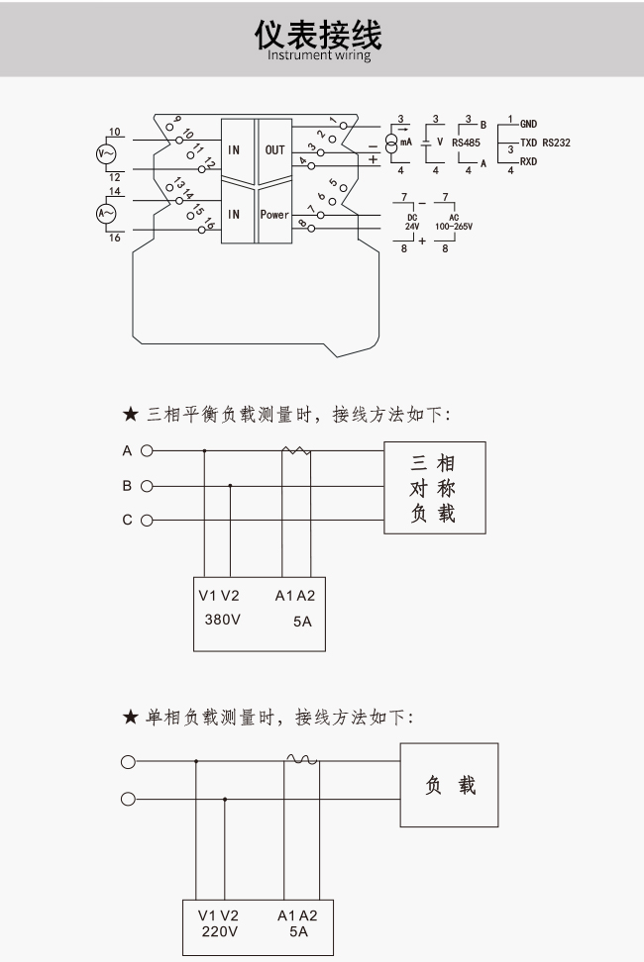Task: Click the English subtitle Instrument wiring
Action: [x=319, y=55]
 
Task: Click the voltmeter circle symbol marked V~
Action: [x=106, y=154]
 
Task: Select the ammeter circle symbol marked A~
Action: [x=106, y=214]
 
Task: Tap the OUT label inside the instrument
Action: [x=274, y=149]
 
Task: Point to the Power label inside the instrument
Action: [x=273, y=215]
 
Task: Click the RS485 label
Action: [x=466, y=143]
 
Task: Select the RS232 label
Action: [x=556, y=143]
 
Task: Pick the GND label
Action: [x=529, y=124]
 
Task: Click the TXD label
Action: [x=529, y=143]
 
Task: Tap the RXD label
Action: [x=529, y=161]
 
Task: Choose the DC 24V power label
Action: [x=412, y=222]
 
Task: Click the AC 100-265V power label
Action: [x=454, y=222]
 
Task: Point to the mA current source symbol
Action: [x=391, y=143]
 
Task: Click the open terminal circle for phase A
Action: [x=147, y=451]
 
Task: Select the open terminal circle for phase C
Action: [x=147, y=521]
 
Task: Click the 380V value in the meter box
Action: [x=222, y=620]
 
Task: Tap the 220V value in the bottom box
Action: [x=220, y=931]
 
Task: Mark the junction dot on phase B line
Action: [x=230, y=486]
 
